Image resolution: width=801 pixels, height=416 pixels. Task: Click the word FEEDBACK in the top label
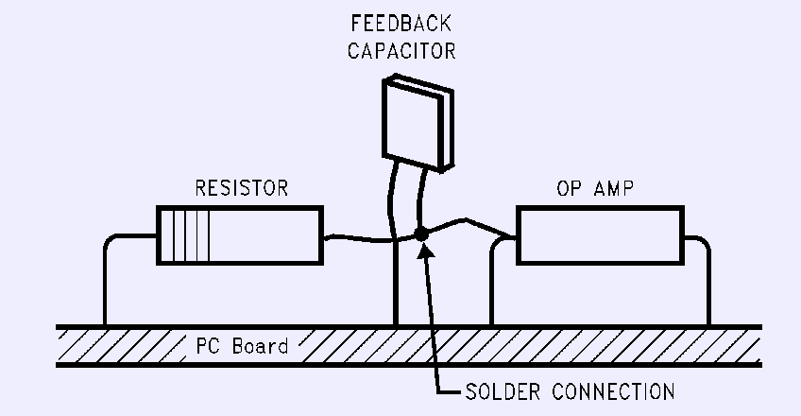pyautogui.click(x=401, y=24)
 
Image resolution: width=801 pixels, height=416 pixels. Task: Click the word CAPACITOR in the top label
pyautogui.click(x=401, y=51)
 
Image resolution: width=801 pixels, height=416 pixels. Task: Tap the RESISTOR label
pyautogui.click(x=242, y=188)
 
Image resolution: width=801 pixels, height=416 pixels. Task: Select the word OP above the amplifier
pyautogui.click(x=569, y=188)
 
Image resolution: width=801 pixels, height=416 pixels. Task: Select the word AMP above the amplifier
pyautogui.click(x=614, y=188)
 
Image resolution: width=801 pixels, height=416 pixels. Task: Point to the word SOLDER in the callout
pyautogui.click(x=503, y=392)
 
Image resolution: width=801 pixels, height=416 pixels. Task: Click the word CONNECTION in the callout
pyautogui.click(x=614, y=392)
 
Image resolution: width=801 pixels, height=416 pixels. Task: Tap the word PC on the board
pyautogui.click(x=209, y=346)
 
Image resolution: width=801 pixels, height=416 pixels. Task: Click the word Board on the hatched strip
pyautogui.click(x=260, y=346)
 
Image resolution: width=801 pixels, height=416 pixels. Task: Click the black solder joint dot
pyautogui.click(x=421, y=234)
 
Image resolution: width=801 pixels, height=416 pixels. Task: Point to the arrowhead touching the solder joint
pyautogui.click(x=427, y=251)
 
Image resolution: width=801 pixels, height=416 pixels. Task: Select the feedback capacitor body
pyautogui.click(x=418, y=123)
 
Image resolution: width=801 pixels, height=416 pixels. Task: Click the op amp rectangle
pyautogui.click(x=600, y=235)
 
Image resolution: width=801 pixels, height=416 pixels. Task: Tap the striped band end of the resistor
pyautogui.click(x=183, y=235)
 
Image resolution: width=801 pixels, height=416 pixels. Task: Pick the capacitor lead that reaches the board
pyautogui.click(x=394, y=245)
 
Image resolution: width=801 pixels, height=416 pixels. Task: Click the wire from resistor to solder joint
pyautogui.click(x=370, y=238)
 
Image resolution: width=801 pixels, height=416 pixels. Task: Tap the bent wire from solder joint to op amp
pyautogui.click(x=466, y=221)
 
